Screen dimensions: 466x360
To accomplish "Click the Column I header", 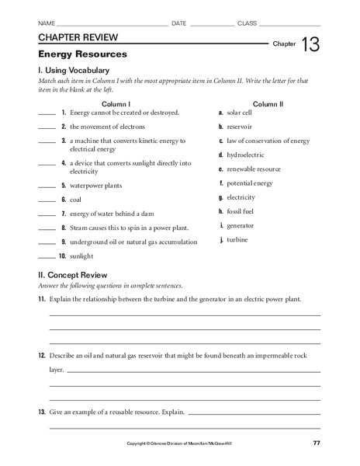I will tap(116, 103).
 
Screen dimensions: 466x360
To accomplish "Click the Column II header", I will tap(268, 103).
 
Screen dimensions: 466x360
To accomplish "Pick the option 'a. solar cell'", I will tap(240, 113).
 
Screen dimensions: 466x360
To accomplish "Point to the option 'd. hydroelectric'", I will tap(244, 155).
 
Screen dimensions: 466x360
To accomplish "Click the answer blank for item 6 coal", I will tap(46, 200).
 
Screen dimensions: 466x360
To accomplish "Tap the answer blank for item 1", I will tap(46, 113).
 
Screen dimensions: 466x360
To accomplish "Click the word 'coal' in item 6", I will tap(76, 200).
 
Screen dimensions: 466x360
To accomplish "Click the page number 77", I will tap(316, 443).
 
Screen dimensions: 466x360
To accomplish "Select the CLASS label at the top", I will tap(247, 24).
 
